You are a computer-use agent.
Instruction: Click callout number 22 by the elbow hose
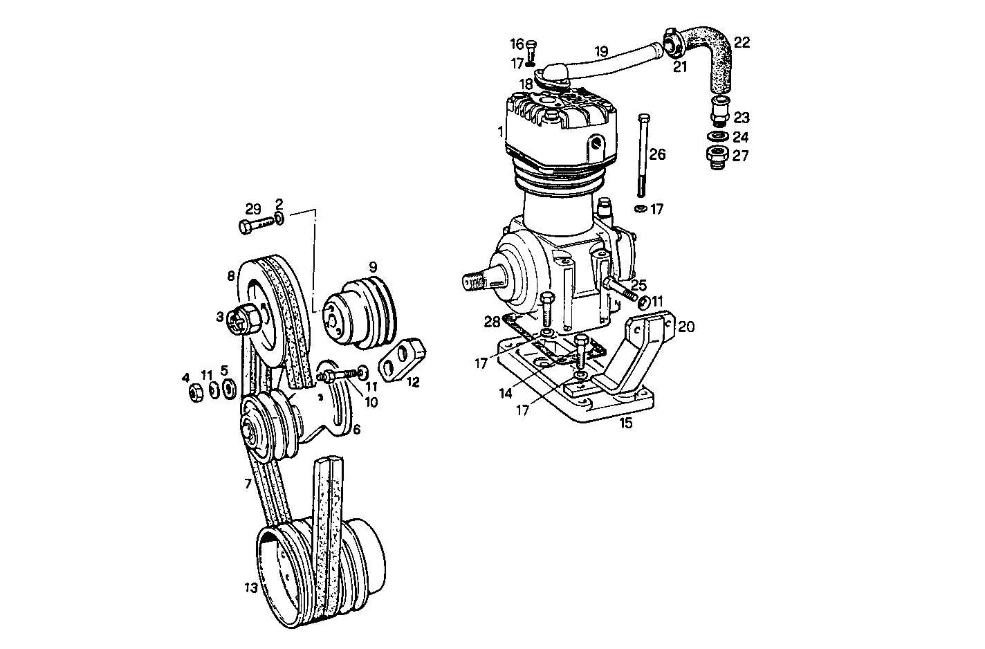pyautogui.click(x=742, y=43)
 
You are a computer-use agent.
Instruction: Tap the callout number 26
pyautogui.click(x=657, y=154)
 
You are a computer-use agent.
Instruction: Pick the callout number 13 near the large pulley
pyautogui.click(x=250, y=588)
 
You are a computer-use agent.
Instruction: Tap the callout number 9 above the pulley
pyautogui.click(x=372, y=266)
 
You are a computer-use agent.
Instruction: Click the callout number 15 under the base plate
pyautogui.click(x=625, y=423)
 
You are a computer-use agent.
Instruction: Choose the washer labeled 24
pyautogui.click(x=718, y=136)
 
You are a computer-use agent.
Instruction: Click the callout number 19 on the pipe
pyautogui.click(x=601, y=51)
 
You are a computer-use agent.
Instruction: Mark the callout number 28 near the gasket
pyautogui.click(x=492, y=322)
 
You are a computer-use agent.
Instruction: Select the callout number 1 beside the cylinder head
pyautogui.click(x=499, y=131)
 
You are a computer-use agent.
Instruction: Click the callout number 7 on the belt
pyautogui.click(x=248, y=484)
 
